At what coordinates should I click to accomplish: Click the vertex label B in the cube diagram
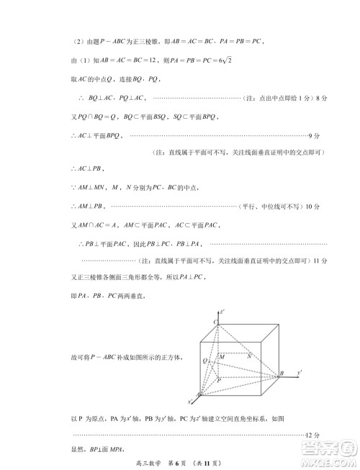282,373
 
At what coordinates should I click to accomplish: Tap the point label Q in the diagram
205,359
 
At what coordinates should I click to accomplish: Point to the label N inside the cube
248,356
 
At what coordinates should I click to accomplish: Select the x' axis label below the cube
192,402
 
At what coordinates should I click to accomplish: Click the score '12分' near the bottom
312,435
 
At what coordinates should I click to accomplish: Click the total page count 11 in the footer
204,461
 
